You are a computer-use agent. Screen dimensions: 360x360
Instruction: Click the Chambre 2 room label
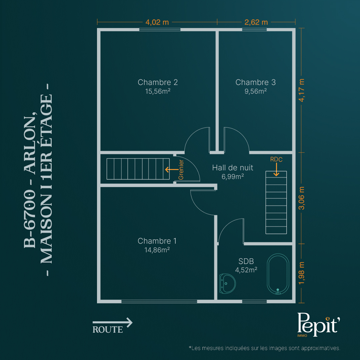click(x=158, y=82)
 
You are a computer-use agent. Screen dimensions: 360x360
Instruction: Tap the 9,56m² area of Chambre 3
click(x=256, y=91)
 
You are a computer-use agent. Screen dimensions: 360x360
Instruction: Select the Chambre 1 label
click(x=157, y=241)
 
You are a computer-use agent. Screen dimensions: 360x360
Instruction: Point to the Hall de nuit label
click(x=233, y=168)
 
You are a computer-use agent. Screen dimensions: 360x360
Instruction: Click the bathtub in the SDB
click(x=278, y=274)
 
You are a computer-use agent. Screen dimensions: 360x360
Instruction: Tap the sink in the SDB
click(x=227, y=284)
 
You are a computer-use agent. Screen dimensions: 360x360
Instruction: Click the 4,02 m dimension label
click(x=157, y=22)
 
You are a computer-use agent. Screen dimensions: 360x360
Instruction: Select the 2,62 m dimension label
click(x=256, y=22)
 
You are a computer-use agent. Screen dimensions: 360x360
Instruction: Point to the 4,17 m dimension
click(x=301, y=90)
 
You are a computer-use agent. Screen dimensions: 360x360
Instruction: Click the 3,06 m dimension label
click(x=301, y=198)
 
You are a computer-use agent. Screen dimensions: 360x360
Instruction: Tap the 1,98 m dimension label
click(x=301, y=273)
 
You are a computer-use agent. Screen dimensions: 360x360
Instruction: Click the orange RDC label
click(x=276, y=159)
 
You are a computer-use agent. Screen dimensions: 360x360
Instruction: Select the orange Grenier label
click(x=181, y=170)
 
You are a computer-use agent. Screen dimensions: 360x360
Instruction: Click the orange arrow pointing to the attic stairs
click(x=172, y=170)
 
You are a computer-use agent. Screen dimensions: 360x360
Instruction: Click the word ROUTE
click(x=108, y=329)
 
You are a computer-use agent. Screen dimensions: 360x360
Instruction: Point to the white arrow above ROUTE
click(x=113, y=322)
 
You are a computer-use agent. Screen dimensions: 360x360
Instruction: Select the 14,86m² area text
click(x=157, y=250)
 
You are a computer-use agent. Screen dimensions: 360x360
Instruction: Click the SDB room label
click(x=246, y=261)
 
